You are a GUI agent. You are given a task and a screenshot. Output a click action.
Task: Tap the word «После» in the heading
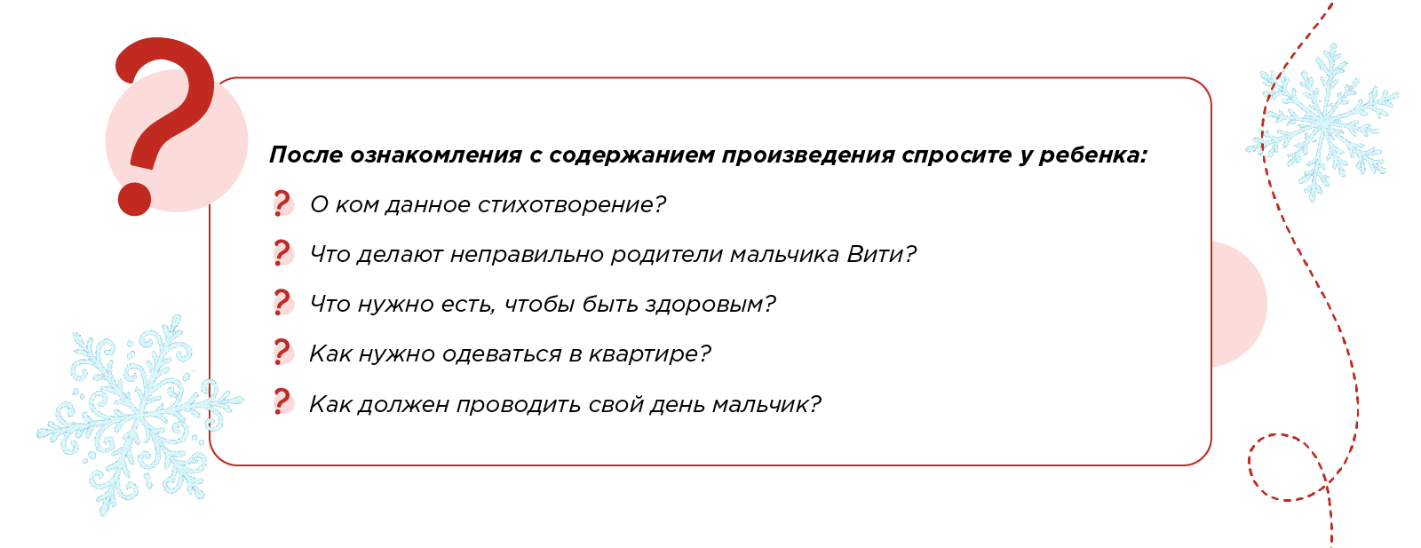(x=306, y=155)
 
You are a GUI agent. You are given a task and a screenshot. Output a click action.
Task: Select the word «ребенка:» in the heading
(x=1093, y=155)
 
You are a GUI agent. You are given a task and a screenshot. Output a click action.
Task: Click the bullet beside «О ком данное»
(x=282, y=204)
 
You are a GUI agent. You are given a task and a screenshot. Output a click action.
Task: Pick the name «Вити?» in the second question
(x=882, y=254)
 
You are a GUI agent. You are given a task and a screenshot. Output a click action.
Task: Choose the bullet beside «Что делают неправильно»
(x=282, y=254)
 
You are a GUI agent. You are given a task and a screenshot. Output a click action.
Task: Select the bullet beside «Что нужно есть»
(x=282, y=303)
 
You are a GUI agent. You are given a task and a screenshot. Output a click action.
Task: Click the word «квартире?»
(x=649, y=353)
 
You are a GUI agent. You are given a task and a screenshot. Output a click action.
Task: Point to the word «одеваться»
(x=502, y=353)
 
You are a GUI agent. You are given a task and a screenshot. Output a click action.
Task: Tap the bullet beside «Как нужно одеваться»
(x=282, y=353)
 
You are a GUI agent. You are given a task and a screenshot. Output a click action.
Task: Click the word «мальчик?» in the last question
(x=767, y=404)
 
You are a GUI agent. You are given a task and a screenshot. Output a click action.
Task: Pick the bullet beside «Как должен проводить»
(x=282, y=402)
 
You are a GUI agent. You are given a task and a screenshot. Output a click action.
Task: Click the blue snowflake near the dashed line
(x=1322, y=123)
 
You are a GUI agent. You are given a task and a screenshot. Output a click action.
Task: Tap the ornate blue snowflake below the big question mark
(x=139, y=416)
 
